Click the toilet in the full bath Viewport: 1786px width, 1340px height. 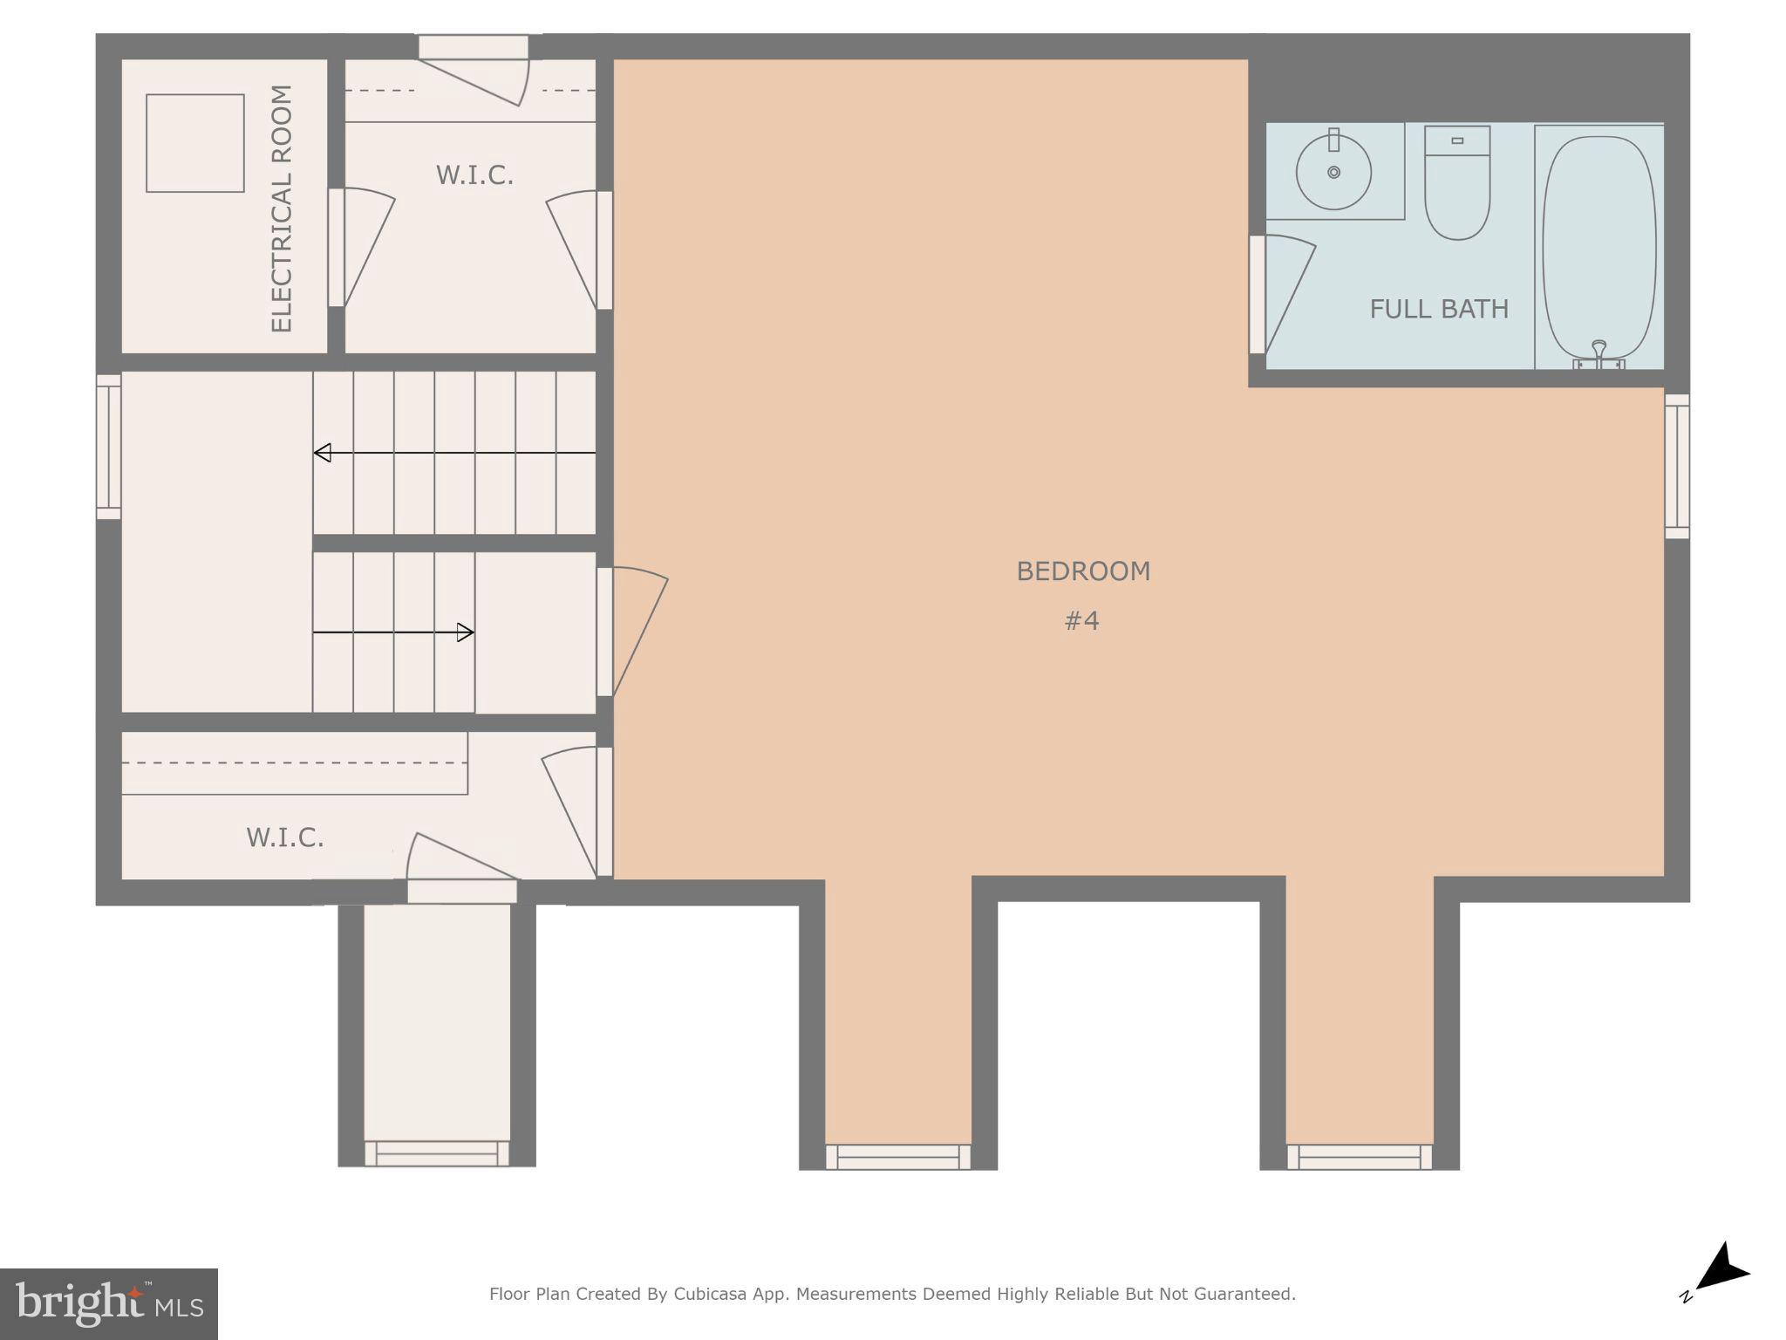point(1456,188)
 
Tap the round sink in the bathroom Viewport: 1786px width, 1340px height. point(1333,172)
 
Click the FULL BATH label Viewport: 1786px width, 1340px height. point(1438,309)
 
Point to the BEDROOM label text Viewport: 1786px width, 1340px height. point(1083,571)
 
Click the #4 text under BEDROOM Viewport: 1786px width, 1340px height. point(1081,621)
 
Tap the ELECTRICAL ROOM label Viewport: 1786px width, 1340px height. point(282,209)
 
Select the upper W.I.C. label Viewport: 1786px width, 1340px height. point(474,175)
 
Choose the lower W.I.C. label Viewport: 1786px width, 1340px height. point(285,837)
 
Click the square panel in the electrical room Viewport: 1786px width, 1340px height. point(194,143)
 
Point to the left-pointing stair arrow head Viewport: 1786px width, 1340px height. point(323,453)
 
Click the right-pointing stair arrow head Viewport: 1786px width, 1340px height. point(466,632)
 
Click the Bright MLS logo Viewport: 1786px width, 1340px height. point(108,1303)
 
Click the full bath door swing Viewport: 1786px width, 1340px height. point(1286,292)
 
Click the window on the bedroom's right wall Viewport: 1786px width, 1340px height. point(1677,466)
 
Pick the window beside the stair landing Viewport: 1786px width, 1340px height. point(108,447)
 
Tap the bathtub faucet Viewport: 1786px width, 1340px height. point(1599,351)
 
